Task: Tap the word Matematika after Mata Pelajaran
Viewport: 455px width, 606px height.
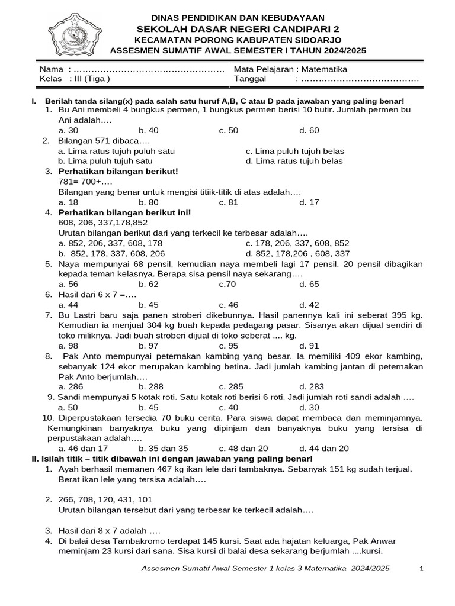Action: tap(325, 69)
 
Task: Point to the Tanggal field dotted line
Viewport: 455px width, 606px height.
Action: tap(360, 79)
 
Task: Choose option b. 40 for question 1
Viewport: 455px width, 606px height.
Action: tap(148, 130)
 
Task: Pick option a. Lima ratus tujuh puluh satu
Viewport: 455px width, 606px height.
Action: tap(117, 151)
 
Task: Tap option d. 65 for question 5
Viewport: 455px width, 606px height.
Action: tap(309, 284)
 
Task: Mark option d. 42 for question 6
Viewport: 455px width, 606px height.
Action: tap(309, 305)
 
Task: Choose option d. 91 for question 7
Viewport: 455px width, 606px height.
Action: tap(309, 346)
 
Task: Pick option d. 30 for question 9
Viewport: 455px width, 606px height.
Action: tap(309, 407)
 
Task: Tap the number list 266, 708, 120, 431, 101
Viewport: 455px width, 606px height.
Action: tap(105, 499)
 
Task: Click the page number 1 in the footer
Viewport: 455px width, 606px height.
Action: tap(421, 569)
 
